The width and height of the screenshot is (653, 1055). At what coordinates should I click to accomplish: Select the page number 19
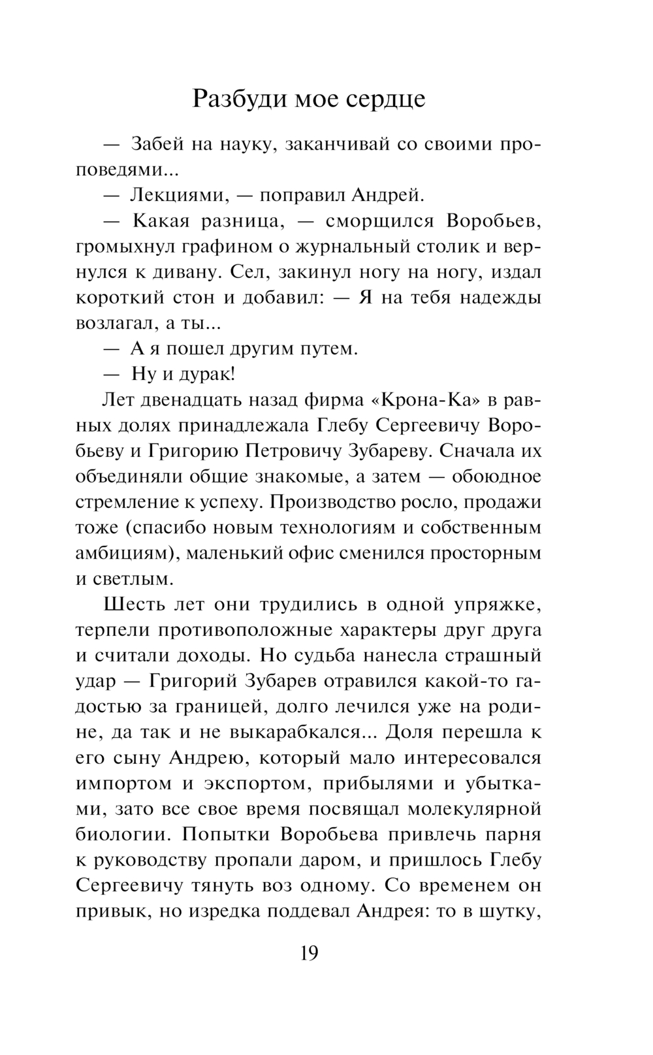pyautogui.click(x=310, y=954)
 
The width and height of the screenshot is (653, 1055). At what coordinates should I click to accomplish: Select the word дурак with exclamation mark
pyautogui.click(x=206, y=374)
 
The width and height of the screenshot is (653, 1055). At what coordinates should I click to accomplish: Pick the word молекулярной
pyautogui.click(x=475, y=809)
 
